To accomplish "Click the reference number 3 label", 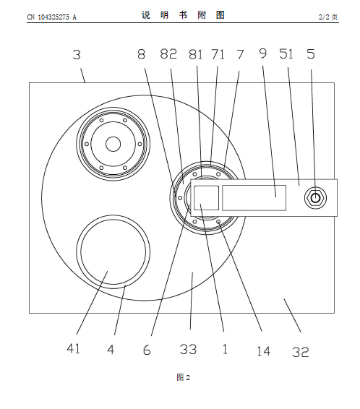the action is tap(77, 55).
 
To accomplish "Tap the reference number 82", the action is tap(168, 54).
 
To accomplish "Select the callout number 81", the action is tap(196, 55).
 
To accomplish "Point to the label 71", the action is tap(218, 55).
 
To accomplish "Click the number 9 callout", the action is tap(263, 53).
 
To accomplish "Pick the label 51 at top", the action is tap(286, 53).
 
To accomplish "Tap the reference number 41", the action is tap(73, 348).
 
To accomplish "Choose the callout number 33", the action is tap(188, 349).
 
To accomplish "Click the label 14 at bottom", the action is tap(263, 351).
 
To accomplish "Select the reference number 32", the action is tap(301, 352).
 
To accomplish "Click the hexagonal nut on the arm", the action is tap(315, 198).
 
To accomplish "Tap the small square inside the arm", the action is tap(206, 198).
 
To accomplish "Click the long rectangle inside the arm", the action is tap(254, 198).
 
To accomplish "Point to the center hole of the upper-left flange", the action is tap(113, 144).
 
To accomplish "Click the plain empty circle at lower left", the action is tap(113, 252).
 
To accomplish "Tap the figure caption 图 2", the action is tap(183, 377).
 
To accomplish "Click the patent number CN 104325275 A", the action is tap(51, 17).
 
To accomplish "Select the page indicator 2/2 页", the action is tap(328, 17).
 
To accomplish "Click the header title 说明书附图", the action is tap(183, 15).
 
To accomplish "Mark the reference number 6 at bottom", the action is tap(147, 350).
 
